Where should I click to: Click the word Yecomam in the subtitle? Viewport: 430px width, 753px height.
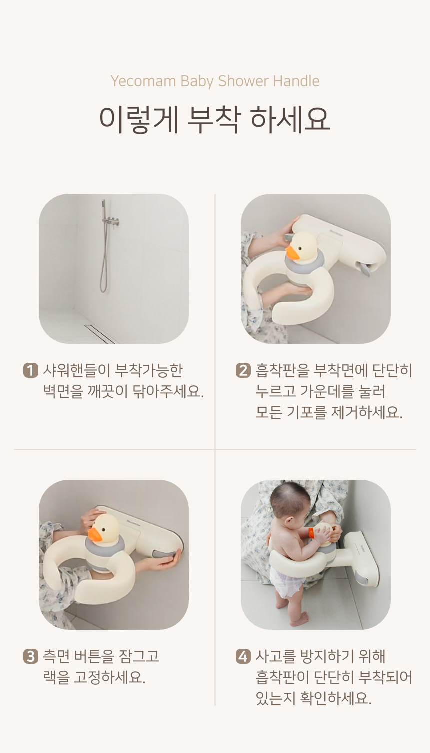143,81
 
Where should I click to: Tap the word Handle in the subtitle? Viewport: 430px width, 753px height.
296,81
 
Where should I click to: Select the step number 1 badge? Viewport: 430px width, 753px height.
30,370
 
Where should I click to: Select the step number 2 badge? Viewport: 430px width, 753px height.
243,370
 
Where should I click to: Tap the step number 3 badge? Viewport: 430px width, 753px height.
30,656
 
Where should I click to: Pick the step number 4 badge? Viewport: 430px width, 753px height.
243,656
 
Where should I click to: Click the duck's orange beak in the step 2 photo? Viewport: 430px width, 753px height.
292,253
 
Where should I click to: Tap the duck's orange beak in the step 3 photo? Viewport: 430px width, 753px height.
95,534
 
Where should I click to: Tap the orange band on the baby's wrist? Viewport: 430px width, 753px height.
311,532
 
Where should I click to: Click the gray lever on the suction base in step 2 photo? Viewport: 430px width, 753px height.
365,269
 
